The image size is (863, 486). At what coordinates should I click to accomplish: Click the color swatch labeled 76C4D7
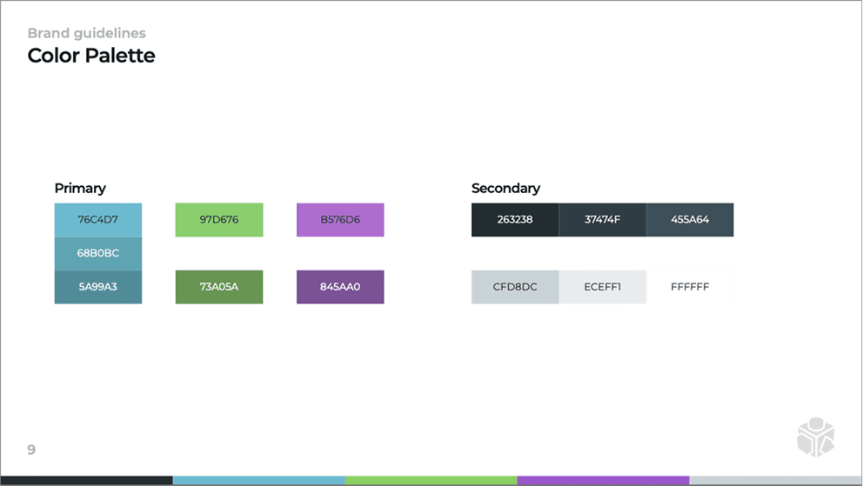click(x=97, y=219)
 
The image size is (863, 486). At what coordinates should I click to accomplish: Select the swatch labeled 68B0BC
click(x=97, y=253)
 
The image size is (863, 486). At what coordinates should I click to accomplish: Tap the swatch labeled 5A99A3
click(x=97, y=287)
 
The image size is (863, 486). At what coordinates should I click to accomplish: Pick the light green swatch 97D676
click(x=218, y=219)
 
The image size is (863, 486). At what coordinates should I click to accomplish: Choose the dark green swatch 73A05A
click(x=218, y=287)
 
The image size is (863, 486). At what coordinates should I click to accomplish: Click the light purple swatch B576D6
click(x=339, y=219)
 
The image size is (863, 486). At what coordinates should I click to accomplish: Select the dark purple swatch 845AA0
click(x=339, y=287)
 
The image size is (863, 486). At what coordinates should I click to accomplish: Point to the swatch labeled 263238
click(x=515, y=219)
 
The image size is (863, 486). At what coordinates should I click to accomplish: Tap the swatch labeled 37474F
click(x=602, y=219)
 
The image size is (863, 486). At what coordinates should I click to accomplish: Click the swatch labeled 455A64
click(x=690, y=219)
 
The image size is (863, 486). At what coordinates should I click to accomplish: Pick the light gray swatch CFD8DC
click(x=515, y=287)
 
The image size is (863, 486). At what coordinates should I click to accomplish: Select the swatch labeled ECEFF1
click(x=602, y=287)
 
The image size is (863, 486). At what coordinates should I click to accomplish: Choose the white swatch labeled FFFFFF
click(x=690, y=287)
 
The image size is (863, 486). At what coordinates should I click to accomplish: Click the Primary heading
click(x=80, y=188)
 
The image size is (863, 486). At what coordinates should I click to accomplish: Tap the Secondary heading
click(x=505, y=188)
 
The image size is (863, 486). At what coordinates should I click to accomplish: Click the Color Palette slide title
click(x=91, y=56)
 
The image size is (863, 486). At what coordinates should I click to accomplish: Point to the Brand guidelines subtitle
click(x=86, y=33)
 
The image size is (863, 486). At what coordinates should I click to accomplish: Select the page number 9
click(x=31, y=449)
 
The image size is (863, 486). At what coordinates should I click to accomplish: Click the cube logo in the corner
click(x=815, y=436)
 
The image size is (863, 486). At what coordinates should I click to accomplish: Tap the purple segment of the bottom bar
click(x=603, y=481)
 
